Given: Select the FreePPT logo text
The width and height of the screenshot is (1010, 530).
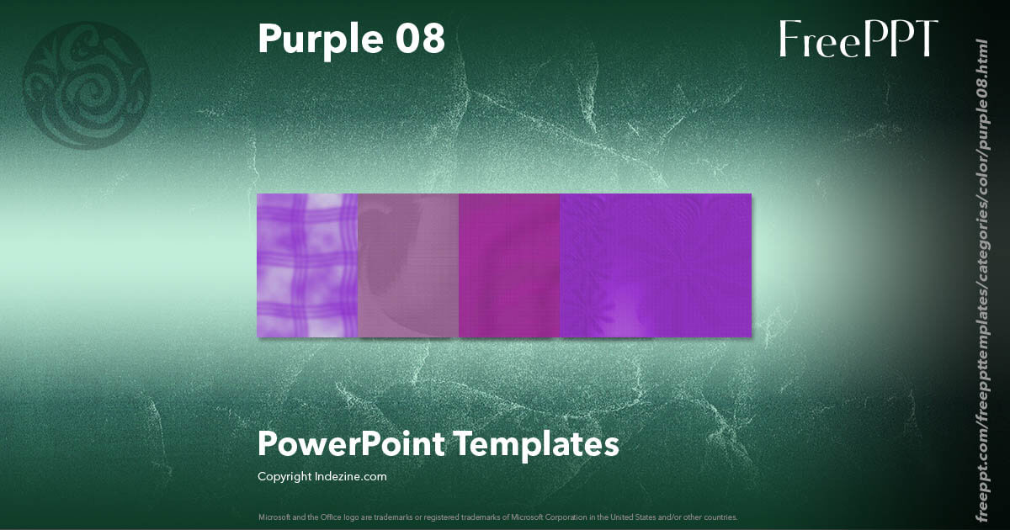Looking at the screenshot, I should (x=858, y=40).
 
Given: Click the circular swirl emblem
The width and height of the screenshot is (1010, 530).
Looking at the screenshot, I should (x=87, y=85).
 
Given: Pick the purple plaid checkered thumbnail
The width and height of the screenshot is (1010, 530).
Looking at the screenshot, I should (x=307, y=266).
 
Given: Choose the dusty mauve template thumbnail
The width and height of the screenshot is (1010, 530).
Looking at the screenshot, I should (x=408, y=266).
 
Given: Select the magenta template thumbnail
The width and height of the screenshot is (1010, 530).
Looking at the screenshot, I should (x=509, y=266).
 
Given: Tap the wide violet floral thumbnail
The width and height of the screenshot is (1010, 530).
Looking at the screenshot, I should (x=656, y=266).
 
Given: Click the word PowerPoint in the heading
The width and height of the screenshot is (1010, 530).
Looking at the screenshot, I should (x=351, y=444).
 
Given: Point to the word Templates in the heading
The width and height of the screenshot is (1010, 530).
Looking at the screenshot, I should (x=538, y=443).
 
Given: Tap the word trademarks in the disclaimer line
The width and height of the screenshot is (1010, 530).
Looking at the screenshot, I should (x=375, y=517).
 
